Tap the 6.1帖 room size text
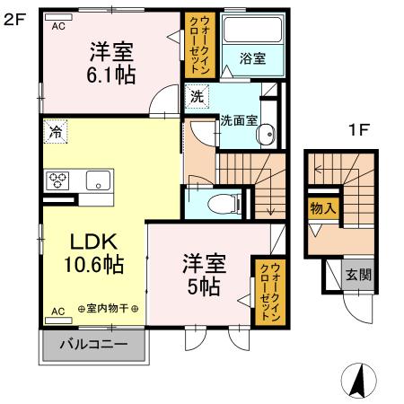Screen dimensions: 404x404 coord(112,75)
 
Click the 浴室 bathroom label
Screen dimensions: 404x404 coord(251,59)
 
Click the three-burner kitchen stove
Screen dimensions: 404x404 coord(60,178)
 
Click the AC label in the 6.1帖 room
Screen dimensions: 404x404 coord(58,26)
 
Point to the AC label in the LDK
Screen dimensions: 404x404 coord(57,311)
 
